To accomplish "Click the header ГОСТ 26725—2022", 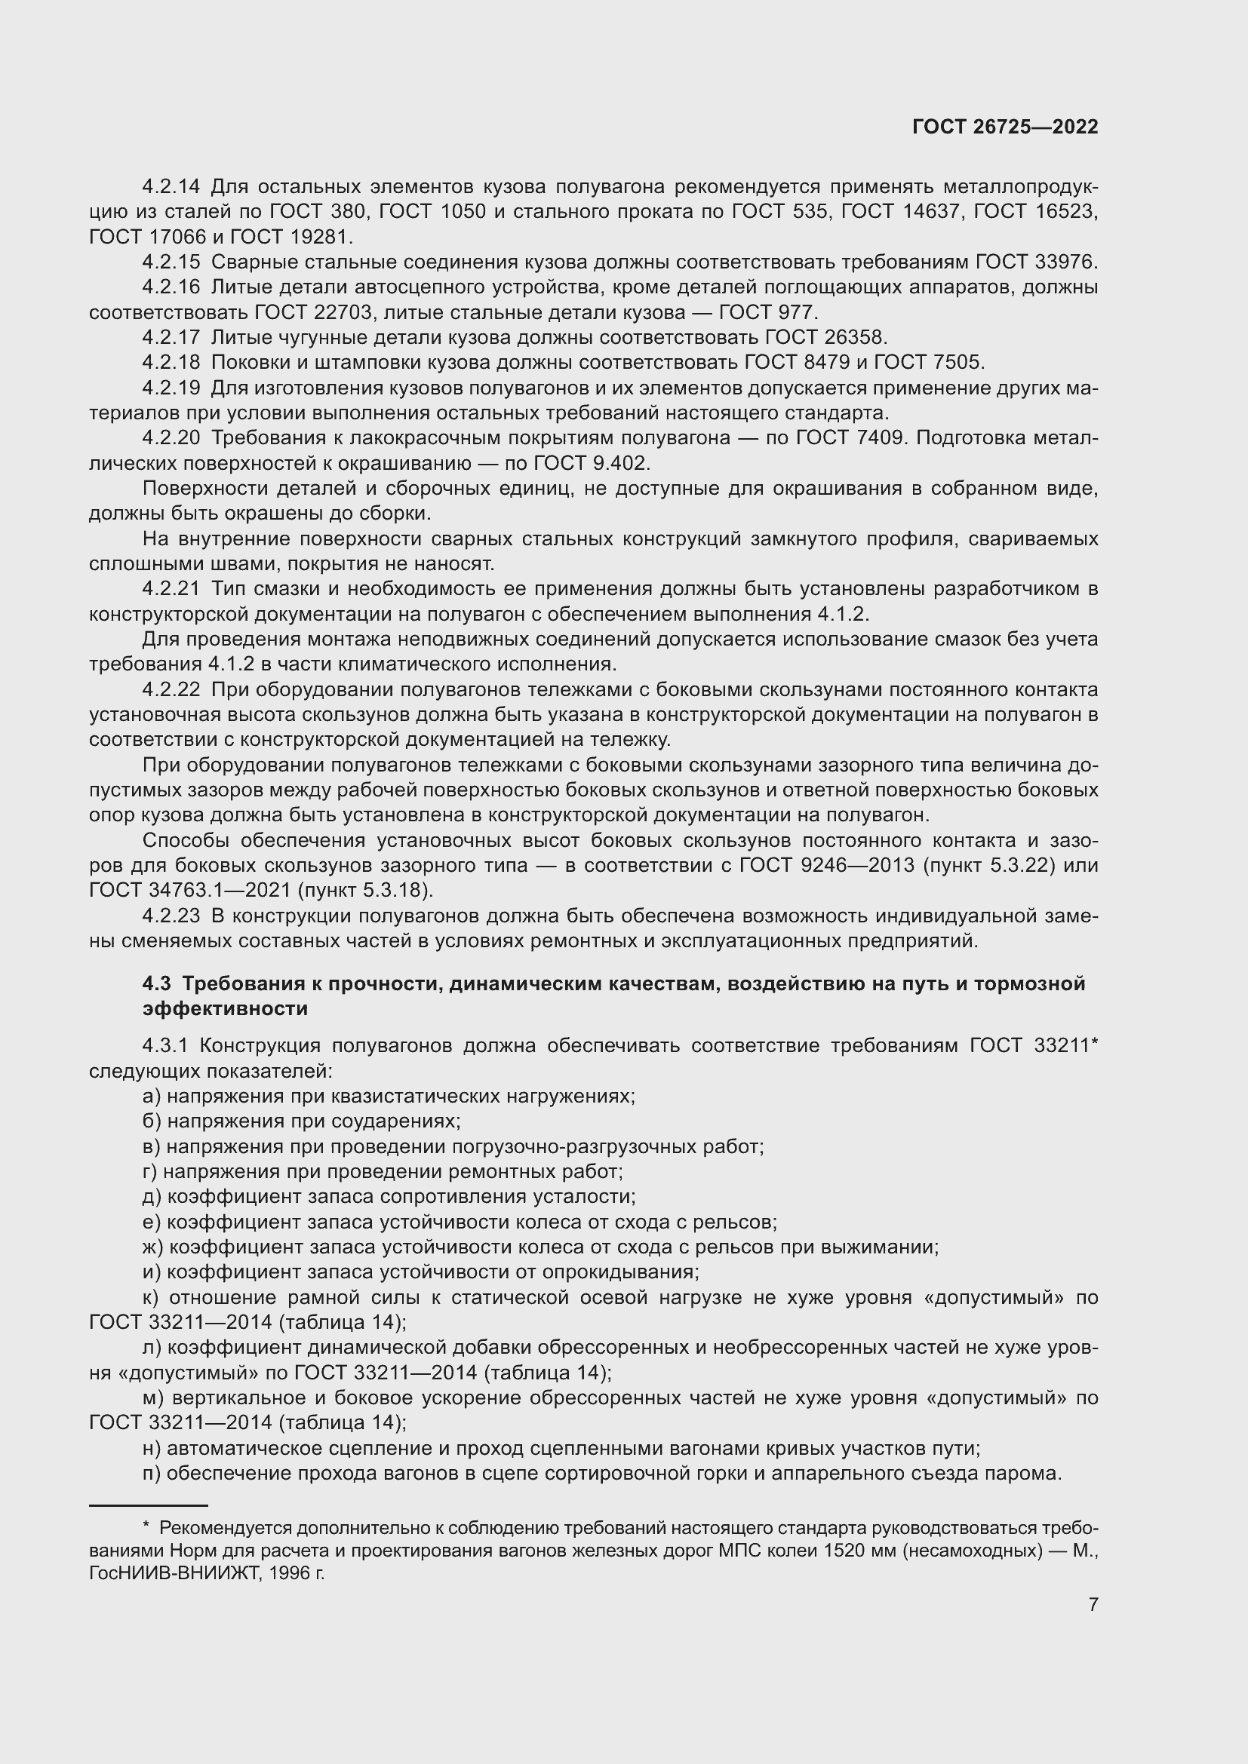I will click(1005, 127).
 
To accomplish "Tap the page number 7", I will click(1093, 1604).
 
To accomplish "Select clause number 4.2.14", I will click(171, 186).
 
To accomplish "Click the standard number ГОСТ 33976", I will click(1035, 262).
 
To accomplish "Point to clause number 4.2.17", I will click(171, 337).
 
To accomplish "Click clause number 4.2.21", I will click(171, 588).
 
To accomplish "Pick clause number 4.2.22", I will click(171, 689).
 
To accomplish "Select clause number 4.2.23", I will click(171, 916).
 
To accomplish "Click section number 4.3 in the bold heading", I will click(156, 984).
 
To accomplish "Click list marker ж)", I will click(153, 1246).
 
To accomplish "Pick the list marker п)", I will click(152, 1473).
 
